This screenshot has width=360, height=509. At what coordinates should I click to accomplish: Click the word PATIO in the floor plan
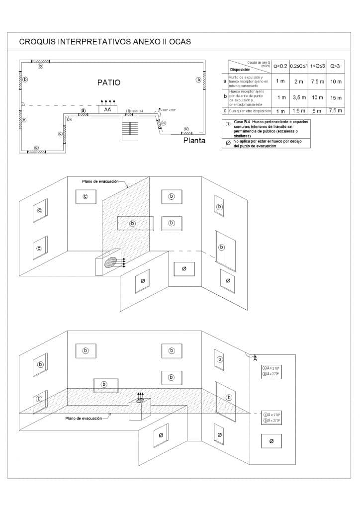click(108, 83)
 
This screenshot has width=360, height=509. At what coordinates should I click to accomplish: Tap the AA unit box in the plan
click(107, 110)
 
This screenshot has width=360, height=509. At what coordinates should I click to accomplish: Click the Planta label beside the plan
click(194, 141)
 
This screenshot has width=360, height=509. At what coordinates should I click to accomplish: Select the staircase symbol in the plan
click(129, 129)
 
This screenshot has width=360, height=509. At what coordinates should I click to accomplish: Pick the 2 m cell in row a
click(299, 81)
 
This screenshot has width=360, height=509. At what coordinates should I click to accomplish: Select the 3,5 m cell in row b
click(299, 97)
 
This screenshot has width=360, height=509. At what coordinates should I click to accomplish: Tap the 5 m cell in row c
click(317, 111)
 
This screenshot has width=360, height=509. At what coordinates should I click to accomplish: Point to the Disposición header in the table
click(240, 70)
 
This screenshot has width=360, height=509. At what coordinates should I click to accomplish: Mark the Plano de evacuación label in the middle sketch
click(100, 182)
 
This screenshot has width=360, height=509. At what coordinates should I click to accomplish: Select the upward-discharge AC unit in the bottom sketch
click(140, 408)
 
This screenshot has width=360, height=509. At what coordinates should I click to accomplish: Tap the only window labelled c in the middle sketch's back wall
click(85, 197)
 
